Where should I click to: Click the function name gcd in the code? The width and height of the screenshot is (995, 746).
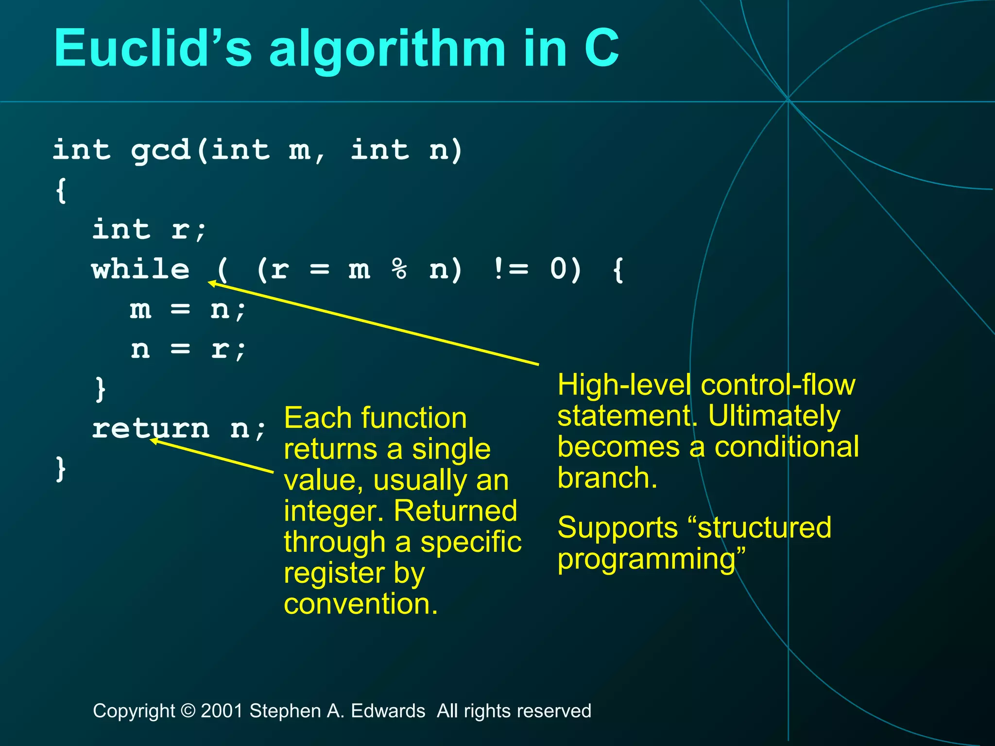click(160, 151)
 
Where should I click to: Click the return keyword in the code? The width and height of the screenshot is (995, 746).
click(151, 429)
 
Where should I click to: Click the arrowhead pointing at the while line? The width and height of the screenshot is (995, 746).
click(212, 283)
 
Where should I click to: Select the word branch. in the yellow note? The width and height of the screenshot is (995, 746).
click(607, 478)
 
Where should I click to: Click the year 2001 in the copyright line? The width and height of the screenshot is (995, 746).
click(222, 711)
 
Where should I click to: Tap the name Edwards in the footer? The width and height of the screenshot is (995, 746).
click(388, 711)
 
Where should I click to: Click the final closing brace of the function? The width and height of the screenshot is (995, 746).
click(60, 469)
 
